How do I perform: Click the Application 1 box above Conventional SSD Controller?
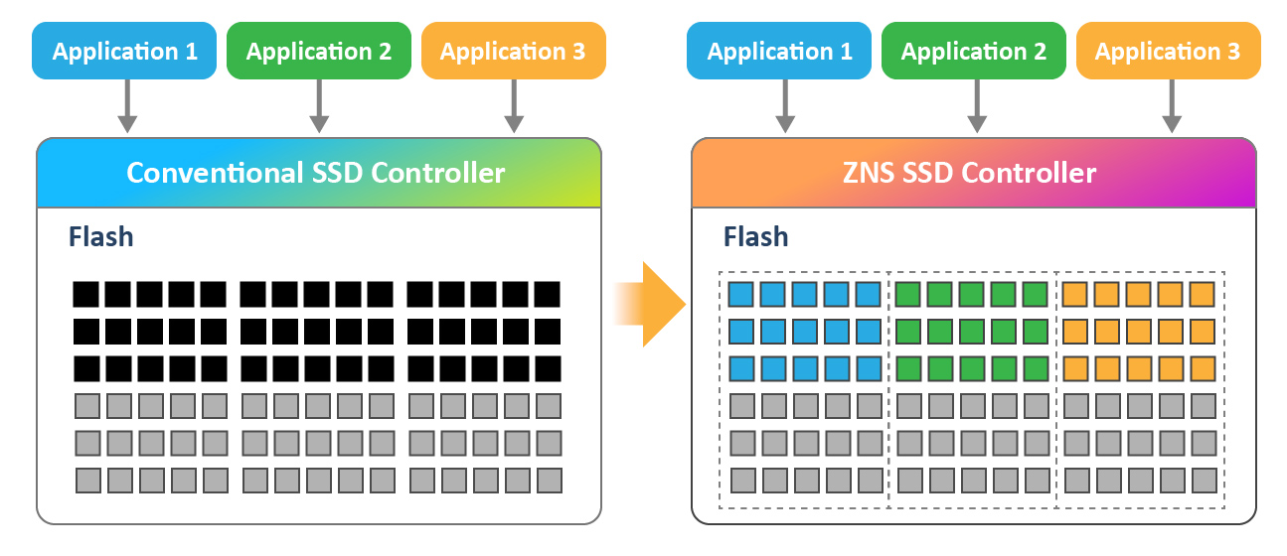[x=124, y=52]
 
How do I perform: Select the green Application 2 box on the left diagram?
[x=318, y=52]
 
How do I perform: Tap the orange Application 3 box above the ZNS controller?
[x=1168, y=52]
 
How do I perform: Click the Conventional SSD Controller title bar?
[x=318, y=173]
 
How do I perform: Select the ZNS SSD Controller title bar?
[x=973, y=173]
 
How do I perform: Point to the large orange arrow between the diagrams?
[x=656, y=304]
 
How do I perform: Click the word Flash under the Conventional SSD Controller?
[x=100, y=237]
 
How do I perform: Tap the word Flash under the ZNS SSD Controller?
[x=755, y=237]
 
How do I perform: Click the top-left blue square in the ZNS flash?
[x=741, y=295]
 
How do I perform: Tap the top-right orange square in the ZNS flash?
[x=1203, y=295]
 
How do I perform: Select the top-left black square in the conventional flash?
[x=86, y=295]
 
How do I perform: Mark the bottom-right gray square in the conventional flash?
[x=549, y=481]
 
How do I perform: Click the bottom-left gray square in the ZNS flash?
[x=741, y=481]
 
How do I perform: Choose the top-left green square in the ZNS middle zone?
[x=908, y=295]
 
